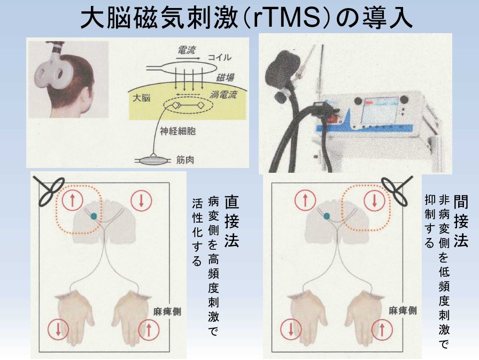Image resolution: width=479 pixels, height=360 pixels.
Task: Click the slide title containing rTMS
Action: [x=239, y=18]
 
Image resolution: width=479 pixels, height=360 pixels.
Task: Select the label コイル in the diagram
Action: [x=220, y=57]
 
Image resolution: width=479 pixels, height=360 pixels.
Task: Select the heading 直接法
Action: [x=231, y=221]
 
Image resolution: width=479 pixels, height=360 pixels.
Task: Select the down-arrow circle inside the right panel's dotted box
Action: [x=374, y=202]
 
